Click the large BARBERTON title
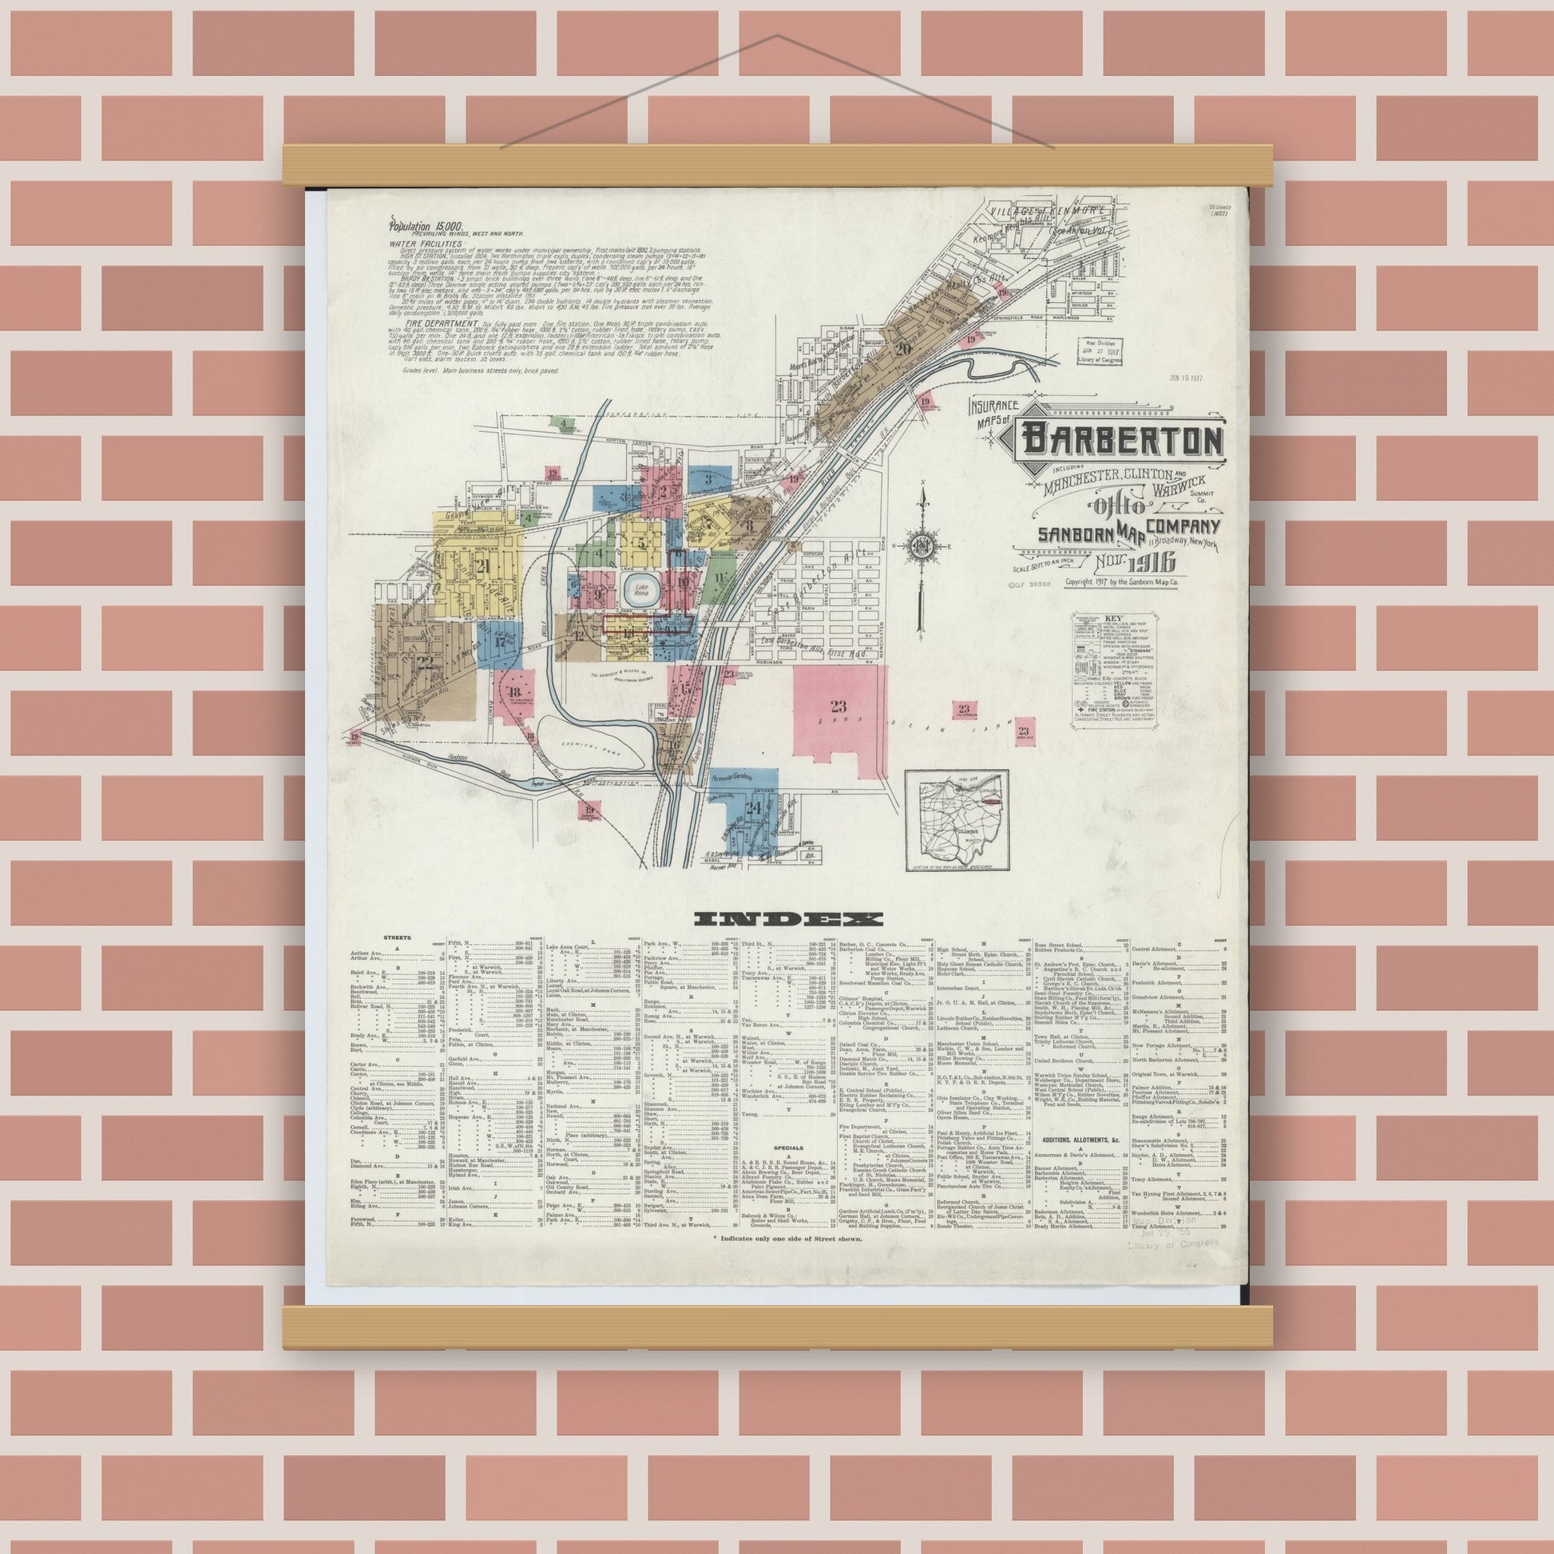pyautogui.click(x=1122, y=440)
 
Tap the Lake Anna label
pyautogui.click(x=640, y=587)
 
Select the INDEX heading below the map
pyautogui.click(x=788, y=918)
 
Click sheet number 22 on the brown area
pyautogui.click(x=426, y=663)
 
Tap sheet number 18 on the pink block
pyautogui.click(x=514, y=692)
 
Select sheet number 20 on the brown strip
pyautogui.click(x=902, y=348)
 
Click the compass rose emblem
pyautogui.click(x=921, y=546)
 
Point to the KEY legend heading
pyautogui.click(x=1114, y=620)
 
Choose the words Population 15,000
pyautogui.click(x=425, y=227)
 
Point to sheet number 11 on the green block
pyautogui.click(x=718, y=577)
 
